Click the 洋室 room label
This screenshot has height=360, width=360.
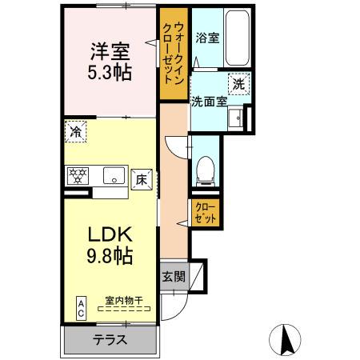pyautogui.click(x=110, y=50)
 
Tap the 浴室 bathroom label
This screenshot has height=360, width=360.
pyautogui.click(x=207, y=38)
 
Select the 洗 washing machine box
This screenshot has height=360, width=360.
pyautogui.click(x=239, y=82)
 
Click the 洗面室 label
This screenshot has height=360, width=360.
pyautogui.click(x=209, y=101)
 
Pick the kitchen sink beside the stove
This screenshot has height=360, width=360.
pyautogui.click(x=112, y=174)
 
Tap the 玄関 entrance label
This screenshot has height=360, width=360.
pyautogui.click(x=174, y=277)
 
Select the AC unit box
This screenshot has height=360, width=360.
pyautogui.click(x=82, y=308)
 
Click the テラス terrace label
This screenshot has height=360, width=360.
pyautogui.click(x=110, y=339)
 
